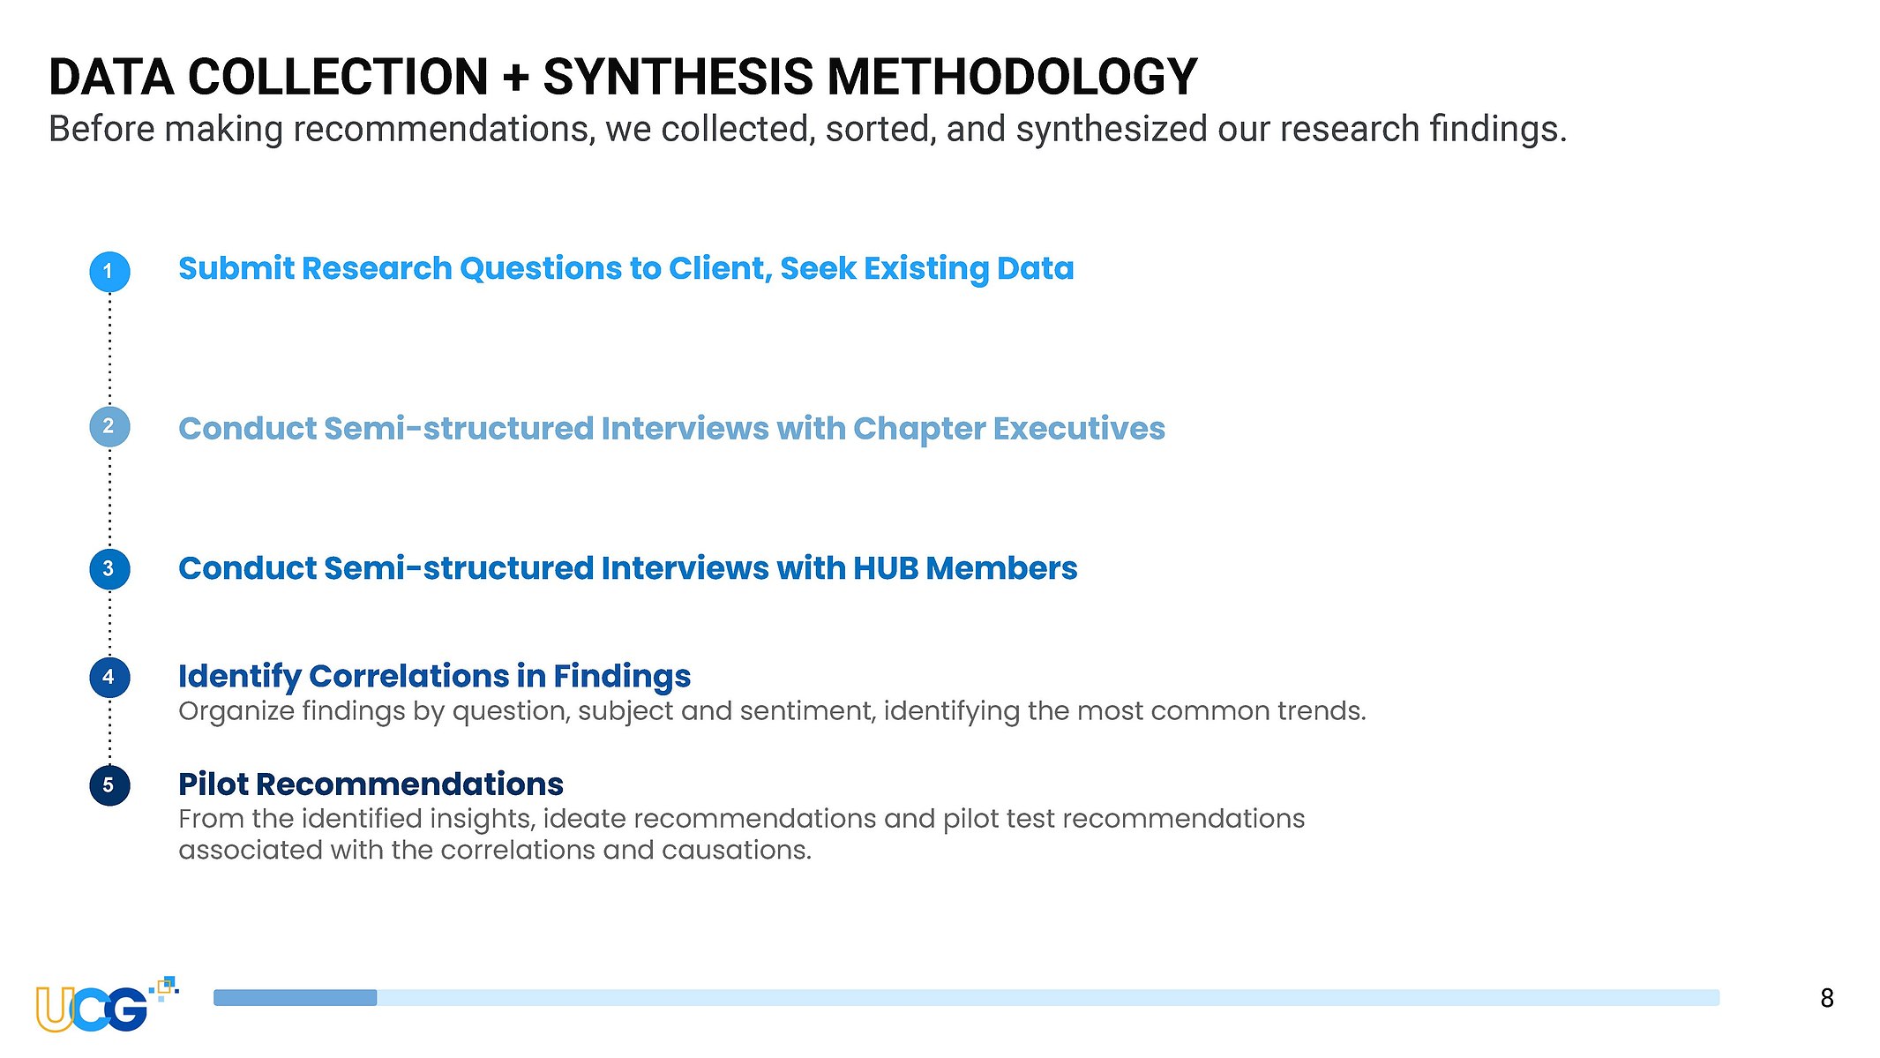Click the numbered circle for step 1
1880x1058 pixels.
tap(109, 271)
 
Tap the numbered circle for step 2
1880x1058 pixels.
tap(109, 426)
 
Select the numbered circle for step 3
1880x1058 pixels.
tap(109, 569)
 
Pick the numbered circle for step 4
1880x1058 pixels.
tap(109, 678)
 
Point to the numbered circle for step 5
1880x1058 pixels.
tap(109, 785)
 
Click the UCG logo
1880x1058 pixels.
tap(106, 1005)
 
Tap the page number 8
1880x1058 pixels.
tap(1826, 998)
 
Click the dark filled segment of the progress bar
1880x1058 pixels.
tap(295, 997)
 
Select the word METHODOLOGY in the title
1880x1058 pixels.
tap(1013, 77)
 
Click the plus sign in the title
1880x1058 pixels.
tap(515, 78)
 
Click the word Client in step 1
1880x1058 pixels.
tap(720, 269)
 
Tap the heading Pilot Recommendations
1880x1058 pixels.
tap(371, 784)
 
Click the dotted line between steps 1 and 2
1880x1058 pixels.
tap(109, 349)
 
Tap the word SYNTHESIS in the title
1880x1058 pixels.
tap(678, 77)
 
